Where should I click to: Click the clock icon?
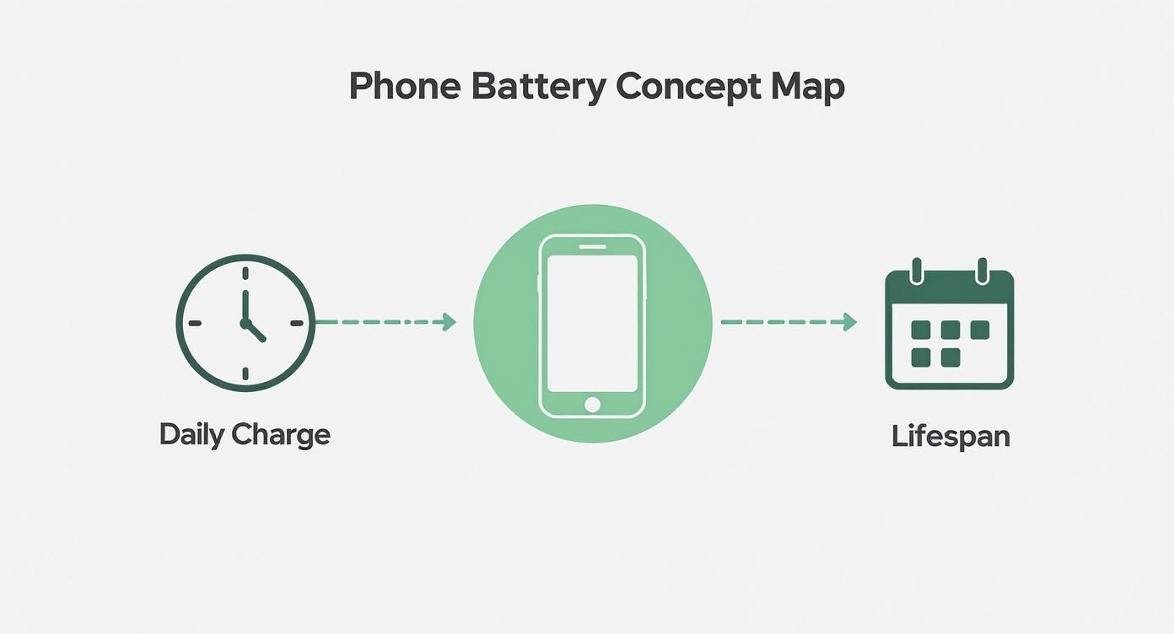coord(245,323)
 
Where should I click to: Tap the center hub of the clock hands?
coord(245,323)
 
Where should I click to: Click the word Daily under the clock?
coord(191,435)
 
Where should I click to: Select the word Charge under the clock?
coord(281,435)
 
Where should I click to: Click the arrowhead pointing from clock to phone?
coord(449,322)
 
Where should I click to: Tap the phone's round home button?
coord(592,405)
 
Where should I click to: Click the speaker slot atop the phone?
coord(592,246)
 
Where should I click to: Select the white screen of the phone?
coord(592,323)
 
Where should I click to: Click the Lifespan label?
coord(951,437)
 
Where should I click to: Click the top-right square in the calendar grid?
coord(979,330)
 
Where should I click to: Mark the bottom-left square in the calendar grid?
coord(921,357)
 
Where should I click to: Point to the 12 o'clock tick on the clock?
coord(245,273)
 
